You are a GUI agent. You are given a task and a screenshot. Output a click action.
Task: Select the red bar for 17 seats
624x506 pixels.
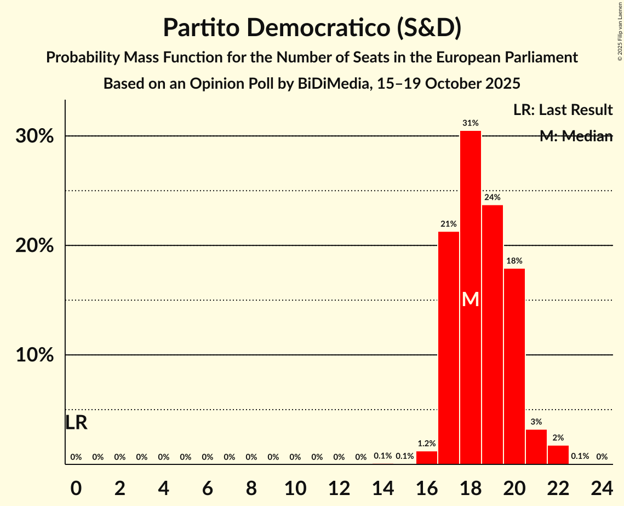click(449, 348)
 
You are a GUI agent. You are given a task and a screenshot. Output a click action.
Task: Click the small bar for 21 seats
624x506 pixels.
click(536, 447)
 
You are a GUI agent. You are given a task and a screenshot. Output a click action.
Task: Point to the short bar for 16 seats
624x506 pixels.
click(427, 458)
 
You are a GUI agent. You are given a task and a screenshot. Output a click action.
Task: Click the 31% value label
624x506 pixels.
click(471, 123)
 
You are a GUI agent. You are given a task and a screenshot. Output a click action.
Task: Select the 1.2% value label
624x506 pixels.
click(427, 444)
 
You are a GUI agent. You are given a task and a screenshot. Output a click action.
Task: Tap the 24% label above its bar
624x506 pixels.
click(493, 197)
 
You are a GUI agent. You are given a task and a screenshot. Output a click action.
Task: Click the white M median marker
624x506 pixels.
click(471, 300)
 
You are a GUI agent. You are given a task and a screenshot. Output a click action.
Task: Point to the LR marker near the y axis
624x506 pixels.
click(76, 423)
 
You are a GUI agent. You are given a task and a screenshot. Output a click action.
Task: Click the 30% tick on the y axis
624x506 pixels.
click(35, 136)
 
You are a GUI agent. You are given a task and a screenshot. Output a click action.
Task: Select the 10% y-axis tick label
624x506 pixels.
click(35, 355)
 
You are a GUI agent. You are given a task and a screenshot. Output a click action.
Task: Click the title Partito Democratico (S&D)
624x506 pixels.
click(312, 27)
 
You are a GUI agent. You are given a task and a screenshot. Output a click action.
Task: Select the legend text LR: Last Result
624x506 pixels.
click(563, 110)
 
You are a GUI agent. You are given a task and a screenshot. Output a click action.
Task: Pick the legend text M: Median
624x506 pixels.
click(575, 136)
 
